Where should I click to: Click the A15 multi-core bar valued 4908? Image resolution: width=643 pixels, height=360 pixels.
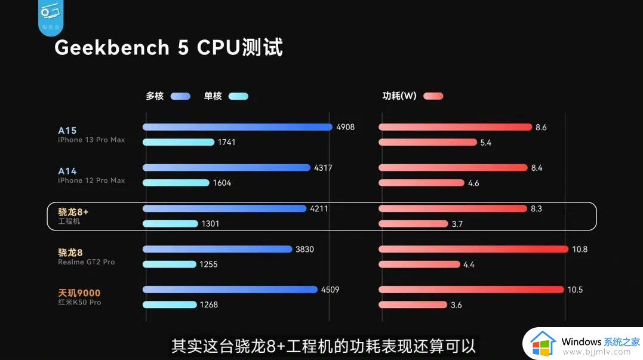237,127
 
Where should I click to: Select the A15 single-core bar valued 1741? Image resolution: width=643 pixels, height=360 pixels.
178,142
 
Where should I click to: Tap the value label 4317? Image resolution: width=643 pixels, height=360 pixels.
323,168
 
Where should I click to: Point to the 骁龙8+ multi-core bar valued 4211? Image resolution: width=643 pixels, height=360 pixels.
224,209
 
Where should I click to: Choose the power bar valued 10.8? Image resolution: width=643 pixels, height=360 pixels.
473,249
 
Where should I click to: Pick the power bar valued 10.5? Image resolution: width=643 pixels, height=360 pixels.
471,290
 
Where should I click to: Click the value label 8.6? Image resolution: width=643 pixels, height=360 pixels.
541,128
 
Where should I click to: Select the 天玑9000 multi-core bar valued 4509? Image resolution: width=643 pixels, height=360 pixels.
230,290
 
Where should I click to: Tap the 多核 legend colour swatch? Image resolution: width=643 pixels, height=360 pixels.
180,96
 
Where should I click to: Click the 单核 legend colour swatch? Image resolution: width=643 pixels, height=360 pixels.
238,96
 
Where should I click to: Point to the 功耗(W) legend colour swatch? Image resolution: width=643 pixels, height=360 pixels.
433,96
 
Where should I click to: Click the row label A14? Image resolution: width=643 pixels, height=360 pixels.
67,171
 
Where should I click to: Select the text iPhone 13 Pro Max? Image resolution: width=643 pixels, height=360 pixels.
91,140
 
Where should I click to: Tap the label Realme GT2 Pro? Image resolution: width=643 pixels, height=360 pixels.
86,262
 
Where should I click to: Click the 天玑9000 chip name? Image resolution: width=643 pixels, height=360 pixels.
79,293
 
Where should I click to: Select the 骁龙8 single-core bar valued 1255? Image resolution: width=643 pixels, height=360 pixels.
169,264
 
